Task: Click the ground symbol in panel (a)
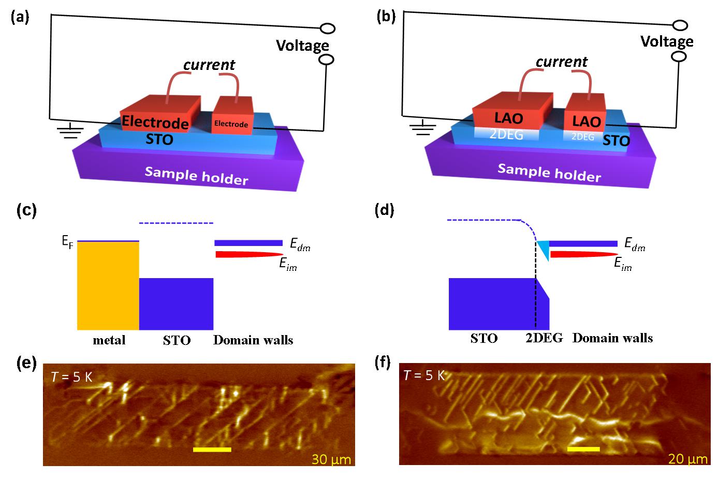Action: click(x=70, y=131)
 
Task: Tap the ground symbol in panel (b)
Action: click(x=423, y=127)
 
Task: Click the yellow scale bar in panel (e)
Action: click(x=212, y=450)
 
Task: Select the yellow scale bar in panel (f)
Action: click(x=583, y=449)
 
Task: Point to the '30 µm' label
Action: click(x=331, y=459)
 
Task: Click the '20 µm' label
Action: click(x=688, y=459)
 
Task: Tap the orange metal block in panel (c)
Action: click(x=108, y=286)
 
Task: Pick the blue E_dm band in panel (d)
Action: click(x=583, y=243)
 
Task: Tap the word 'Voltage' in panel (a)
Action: click(x=303, y=46)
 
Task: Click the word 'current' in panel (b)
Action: click(x=562, y=62)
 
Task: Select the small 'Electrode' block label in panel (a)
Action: click(x=231, y=124)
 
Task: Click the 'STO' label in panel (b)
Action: click(x=616, y=141)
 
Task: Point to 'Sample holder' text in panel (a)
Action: click(x=197, y=176)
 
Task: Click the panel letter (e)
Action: click(x=26, y=364)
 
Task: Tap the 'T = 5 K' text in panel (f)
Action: click(x=424, y=375)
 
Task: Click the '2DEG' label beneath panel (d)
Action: click(x=544, y=338)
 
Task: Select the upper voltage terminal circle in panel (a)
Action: click(x=328, y=28)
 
